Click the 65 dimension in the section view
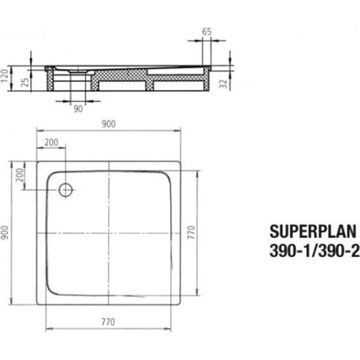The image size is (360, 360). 206,30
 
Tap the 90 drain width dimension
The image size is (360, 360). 78,109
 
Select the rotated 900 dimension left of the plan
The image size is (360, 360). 6,233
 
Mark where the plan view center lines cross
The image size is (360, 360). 108,233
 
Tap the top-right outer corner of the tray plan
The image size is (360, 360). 180,159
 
